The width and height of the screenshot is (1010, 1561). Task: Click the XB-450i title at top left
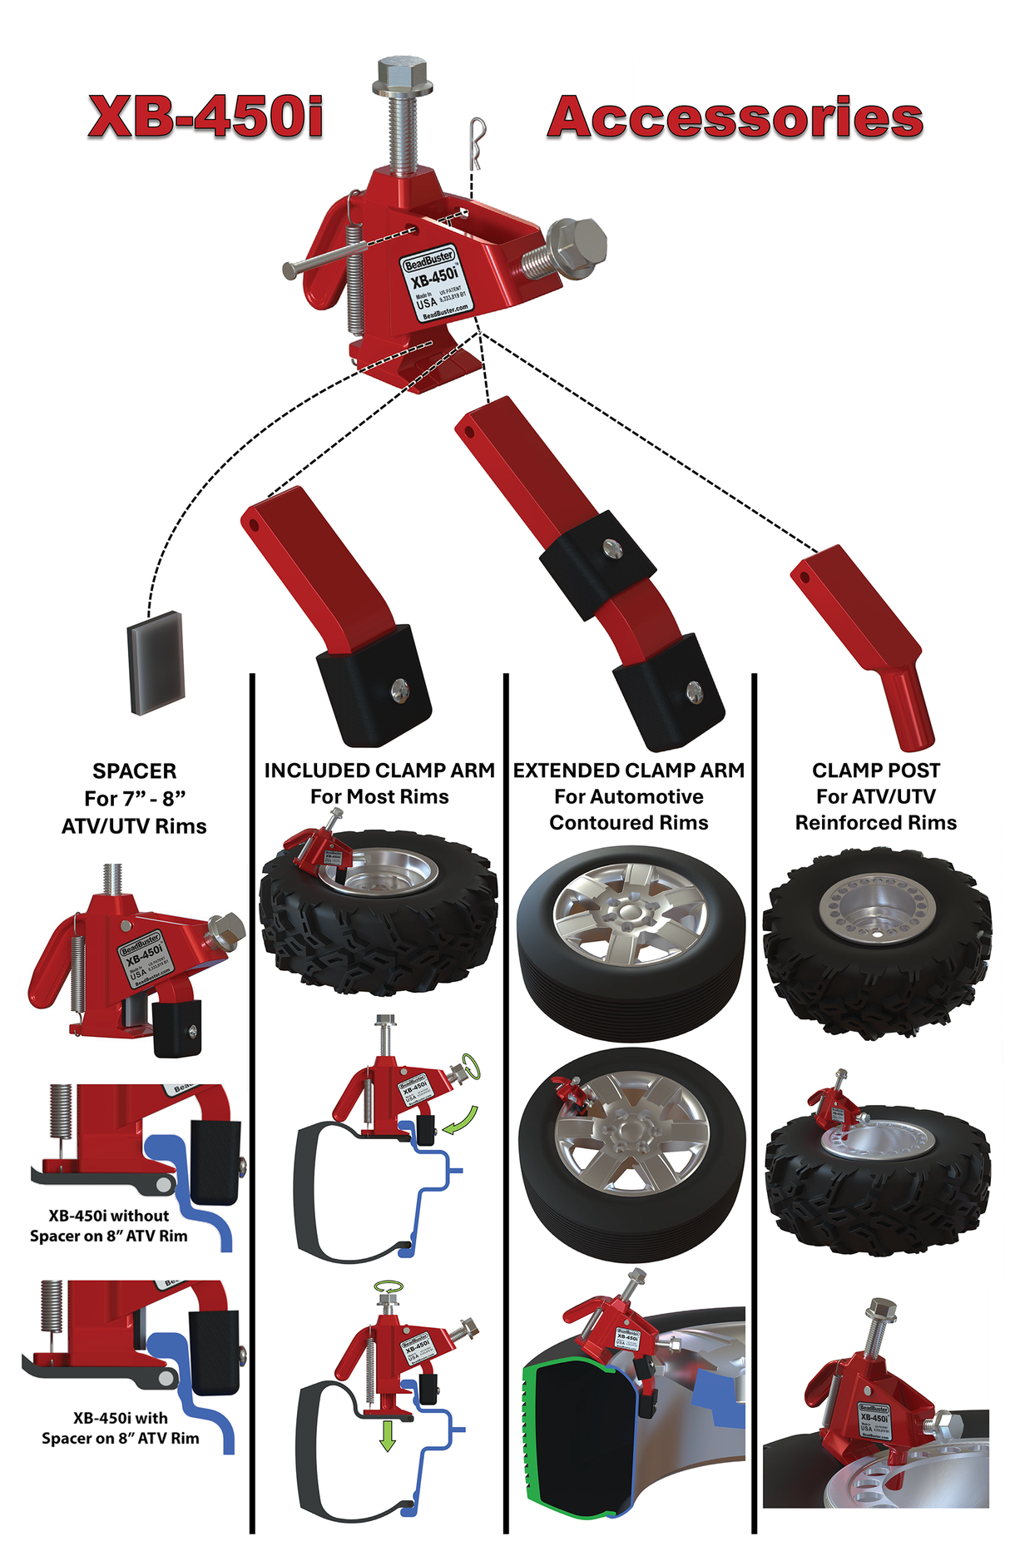(x=205, y=116)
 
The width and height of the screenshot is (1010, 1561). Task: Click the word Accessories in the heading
(x=735, y=117)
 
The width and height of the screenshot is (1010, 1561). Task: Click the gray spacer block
(x=156, y=662)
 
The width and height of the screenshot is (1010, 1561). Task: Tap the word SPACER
(x=135, y=771)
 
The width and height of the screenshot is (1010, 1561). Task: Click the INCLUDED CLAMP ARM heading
(x=379, y=771)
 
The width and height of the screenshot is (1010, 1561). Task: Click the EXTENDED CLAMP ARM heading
(x=629, y=771)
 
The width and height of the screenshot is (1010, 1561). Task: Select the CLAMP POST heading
(x=876, y=771)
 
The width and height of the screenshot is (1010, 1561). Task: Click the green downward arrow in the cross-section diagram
(x=387, y=1435)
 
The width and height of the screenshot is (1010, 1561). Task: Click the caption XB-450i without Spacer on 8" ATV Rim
(x=109, y=1226)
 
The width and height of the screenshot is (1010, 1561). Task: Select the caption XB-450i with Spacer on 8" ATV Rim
(x=121, y=1428)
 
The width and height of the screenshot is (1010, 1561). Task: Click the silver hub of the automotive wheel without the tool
(x=631, y=915)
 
